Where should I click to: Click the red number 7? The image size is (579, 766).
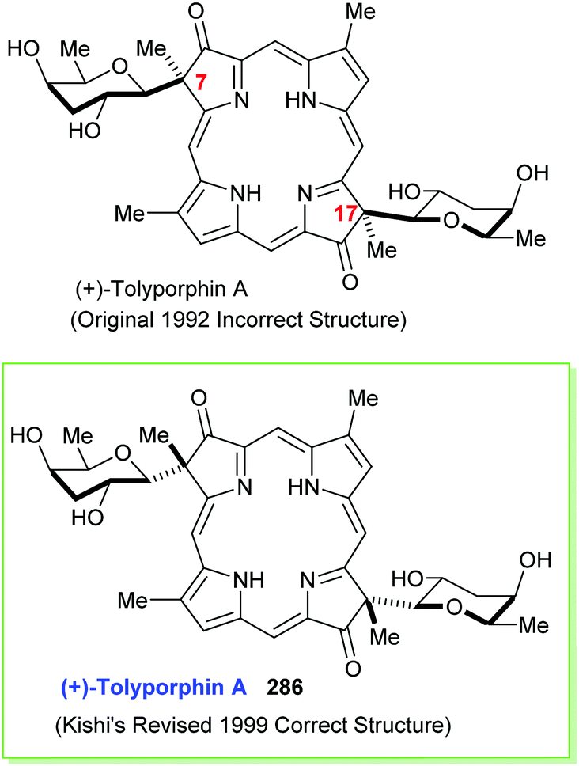pos(202,82)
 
